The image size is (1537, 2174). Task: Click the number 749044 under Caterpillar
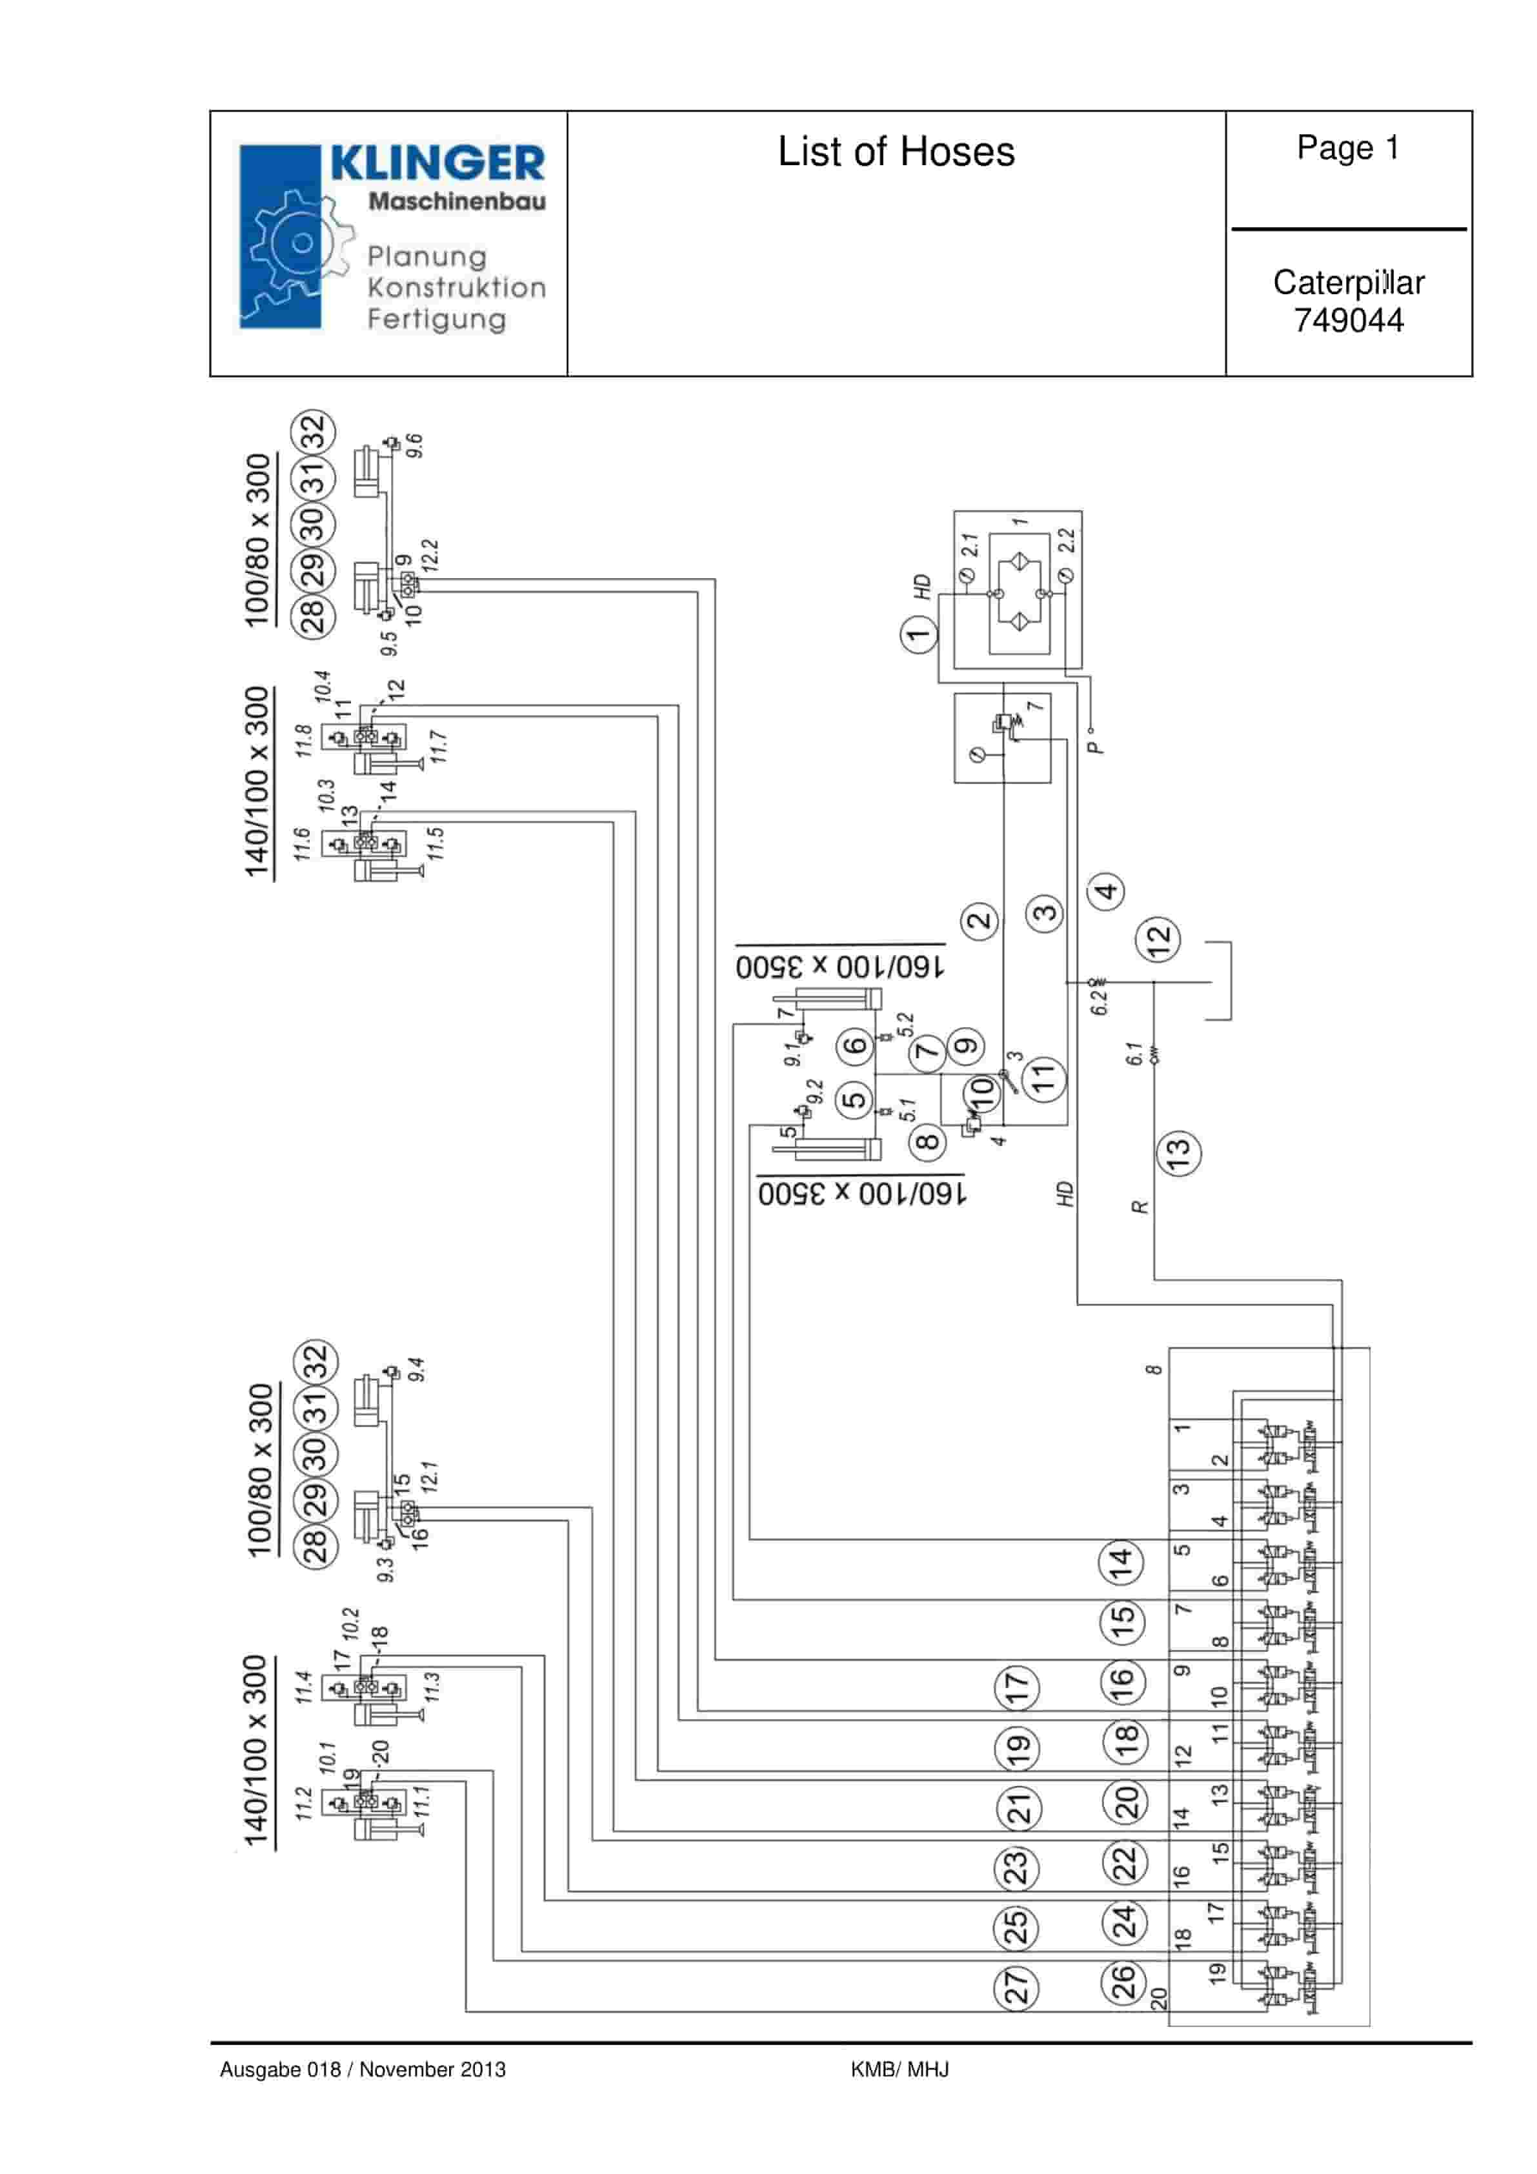(x=1349, y=320)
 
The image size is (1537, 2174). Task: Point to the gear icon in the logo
(x=298, y=243)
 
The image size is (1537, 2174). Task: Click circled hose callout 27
(x=1015, y=1986)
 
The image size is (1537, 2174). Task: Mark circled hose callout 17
(x=1016, y=1686)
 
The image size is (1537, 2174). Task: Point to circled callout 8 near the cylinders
(x=928, y=1141)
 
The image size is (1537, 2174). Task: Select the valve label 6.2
(x=1098, y=996)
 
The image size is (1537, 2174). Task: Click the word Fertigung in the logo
(x=437, y=319)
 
